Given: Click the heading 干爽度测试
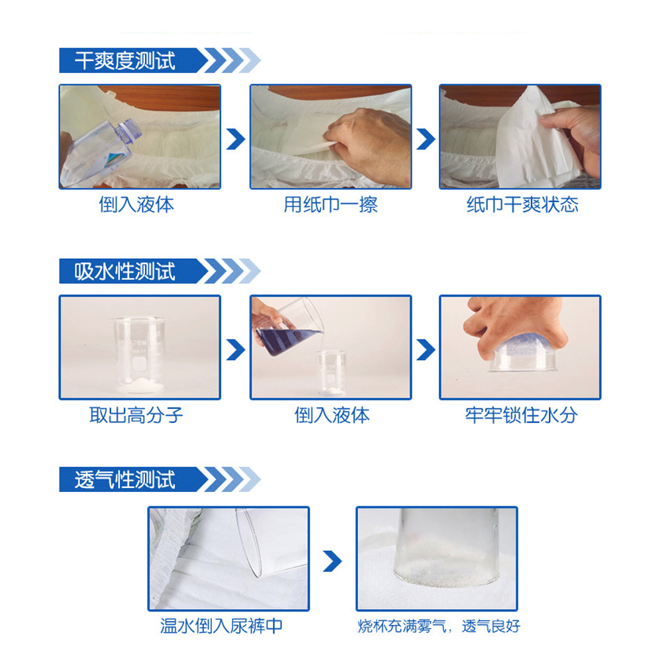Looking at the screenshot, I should pos(124,61).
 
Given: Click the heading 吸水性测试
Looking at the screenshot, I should pos(124,271).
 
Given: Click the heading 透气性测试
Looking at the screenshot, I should pos(124,480).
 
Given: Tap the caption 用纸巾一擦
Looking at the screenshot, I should pos(330,205).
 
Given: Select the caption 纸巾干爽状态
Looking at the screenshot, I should pos(522,205).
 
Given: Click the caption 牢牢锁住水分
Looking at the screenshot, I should pos(521,415).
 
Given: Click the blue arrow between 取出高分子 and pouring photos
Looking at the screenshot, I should pos(235,349).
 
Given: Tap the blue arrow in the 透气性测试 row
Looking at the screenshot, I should pos(332,561).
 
